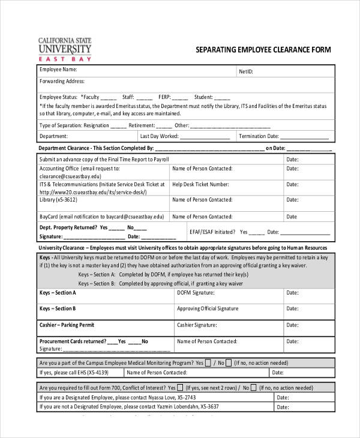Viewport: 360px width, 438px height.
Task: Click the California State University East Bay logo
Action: pos(64,49)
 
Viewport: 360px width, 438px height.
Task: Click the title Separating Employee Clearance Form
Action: pos(264,50)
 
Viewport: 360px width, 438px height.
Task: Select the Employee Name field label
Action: pos(59,70)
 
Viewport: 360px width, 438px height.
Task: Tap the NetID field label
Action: pos(245,71)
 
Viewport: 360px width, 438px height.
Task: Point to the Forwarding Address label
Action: pos(62,81)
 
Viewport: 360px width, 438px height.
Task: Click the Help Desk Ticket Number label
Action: pos(200,184)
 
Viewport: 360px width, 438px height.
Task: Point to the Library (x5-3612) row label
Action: pos(58,199)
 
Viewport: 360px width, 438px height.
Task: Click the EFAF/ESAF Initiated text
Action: pos(212,232)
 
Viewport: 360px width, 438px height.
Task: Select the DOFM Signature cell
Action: pos(195,293)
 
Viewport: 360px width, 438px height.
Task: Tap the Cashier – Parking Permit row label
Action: pos(67,325)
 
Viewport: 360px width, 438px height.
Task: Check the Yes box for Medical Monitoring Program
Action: pos(208,363)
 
